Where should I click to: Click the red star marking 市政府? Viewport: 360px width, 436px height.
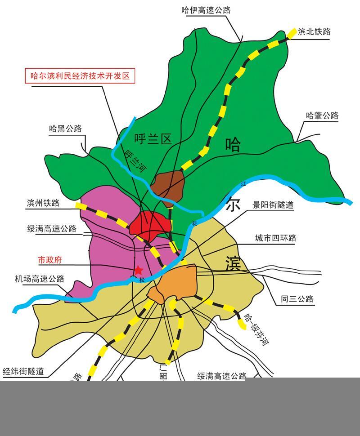[x=139, y=270]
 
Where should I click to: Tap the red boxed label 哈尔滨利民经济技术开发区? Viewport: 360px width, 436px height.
[x=80, y=76]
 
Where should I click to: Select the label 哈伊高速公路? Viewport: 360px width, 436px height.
[x=206, y=10]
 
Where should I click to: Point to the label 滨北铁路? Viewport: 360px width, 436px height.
[x=314, y=31]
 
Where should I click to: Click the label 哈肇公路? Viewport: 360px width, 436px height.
[x=322, y=116]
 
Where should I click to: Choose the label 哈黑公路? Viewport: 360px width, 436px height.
[x=66, y=129]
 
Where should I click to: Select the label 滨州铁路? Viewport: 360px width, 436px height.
[x=43, y=203]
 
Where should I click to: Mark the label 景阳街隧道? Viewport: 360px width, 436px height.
[x=273, y=205]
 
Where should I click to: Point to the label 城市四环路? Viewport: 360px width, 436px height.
[x=275, y=238]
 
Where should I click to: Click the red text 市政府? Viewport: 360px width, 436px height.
[x=49, y=260]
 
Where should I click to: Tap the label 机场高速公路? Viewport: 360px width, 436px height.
[x=40, y=279]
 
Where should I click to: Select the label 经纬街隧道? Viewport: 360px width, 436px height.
[x=23, y=371]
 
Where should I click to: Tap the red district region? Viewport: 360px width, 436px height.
[x=151, y=224]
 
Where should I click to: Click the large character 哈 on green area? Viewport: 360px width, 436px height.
[x=233, y=145]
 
